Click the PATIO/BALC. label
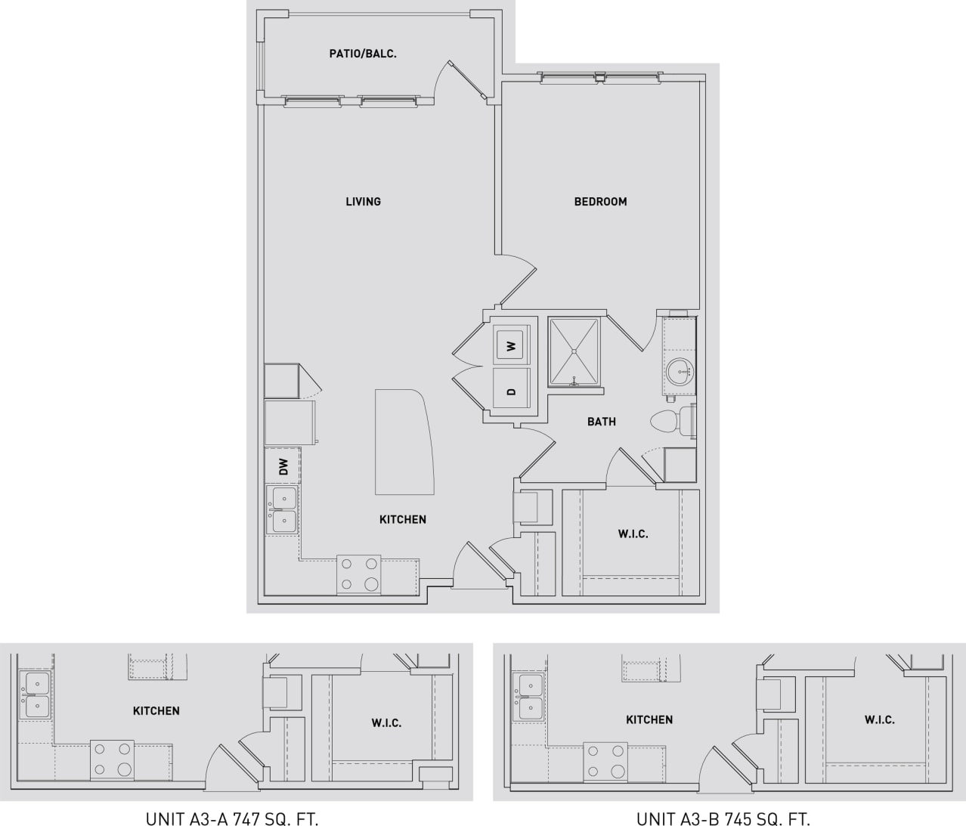tap(363, 54)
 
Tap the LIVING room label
tap(363, 201)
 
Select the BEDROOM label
tap(600, 201)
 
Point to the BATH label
tap(601, 422)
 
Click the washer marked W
tap(512, 345)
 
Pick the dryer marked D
tap(512, 391)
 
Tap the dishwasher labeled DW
tap(283, 466)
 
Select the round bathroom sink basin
tap(679, 371)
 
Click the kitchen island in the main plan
tap(404, 441)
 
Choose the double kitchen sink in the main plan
tap(283, 510)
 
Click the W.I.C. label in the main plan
tap(633, 534)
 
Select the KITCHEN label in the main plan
tap(402, 519)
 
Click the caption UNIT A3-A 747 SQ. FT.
tap(231, 818)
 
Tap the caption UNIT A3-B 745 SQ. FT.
tap(723, 818)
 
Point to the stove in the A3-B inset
tap(607, 761)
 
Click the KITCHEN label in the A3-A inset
tap(156, 710)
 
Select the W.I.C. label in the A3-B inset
tap(880, 719)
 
